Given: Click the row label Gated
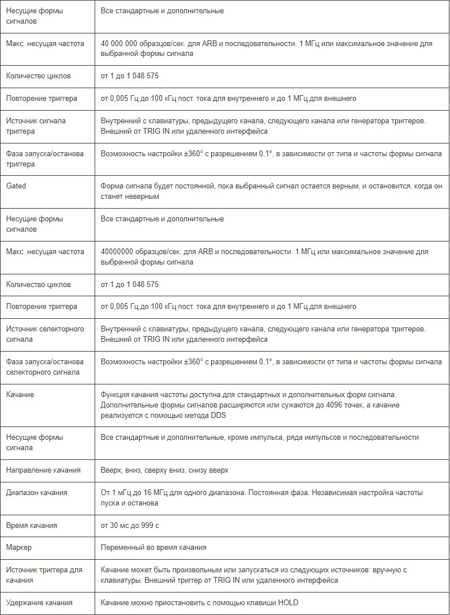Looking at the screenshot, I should click(16, 186).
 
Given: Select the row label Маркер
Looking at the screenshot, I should click(19, 548).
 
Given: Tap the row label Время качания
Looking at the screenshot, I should click(32, 526).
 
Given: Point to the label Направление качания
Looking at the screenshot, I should click(43, 470).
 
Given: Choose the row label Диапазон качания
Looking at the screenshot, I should click(37, 493).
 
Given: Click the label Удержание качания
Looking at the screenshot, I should click(39, 603).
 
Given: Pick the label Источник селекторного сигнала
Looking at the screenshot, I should click(45, 334).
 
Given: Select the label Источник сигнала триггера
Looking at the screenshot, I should click(36, 126).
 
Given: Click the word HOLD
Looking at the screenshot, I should click(288, 603).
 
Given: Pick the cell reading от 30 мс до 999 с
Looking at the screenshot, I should click(130, 526).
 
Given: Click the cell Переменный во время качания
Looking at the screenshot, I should click(153, 548).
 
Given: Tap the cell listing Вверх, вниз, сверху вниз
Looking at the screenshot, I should click(164, 470).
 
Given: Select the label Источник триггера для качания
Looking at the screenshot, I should click(44, 575).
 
